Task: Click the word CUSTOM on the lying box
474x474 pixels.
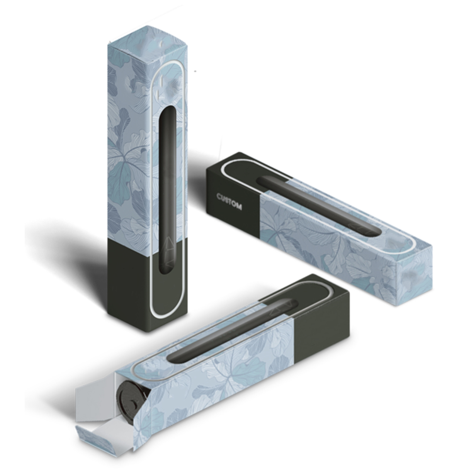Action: [229, 201]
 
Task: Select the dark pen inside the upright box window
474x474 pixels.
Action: [168, 190]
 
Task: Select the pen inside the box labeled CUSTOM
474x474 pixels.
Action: [318, 206]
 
